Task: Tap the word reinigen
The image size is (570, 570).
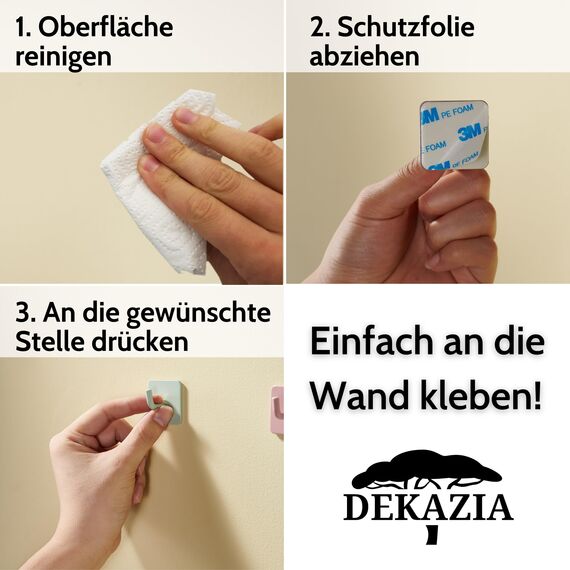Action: point(63,57)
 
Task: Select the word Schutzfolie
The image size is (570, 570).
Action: point(404,27)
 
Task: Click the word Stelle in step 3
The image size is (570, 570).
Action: point(49,341)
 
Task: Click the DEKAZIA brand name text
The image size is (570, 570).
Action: point(428,507)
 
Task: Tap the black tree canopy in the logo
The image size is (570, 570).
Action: point(427,468)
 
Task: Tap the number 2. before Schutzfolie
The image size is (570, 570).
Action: point(320,27)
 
